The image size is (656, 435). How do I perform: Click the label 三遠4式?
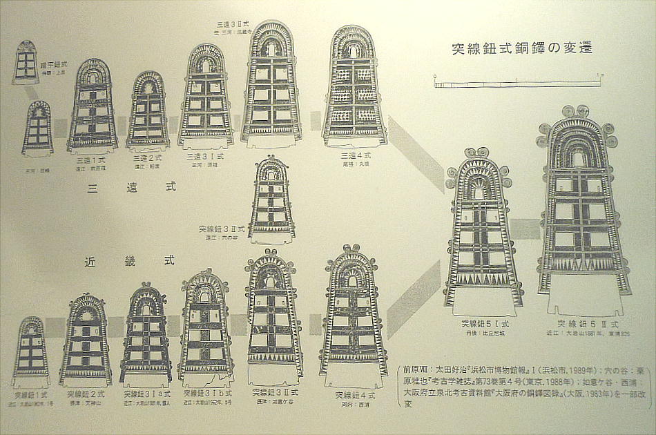coord(356,156)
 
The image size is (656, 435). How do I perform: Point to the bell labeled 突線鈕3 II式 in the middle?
coord(271,200)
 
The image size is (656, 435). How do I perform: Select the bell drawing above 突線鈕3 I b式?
coord(205,328)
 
